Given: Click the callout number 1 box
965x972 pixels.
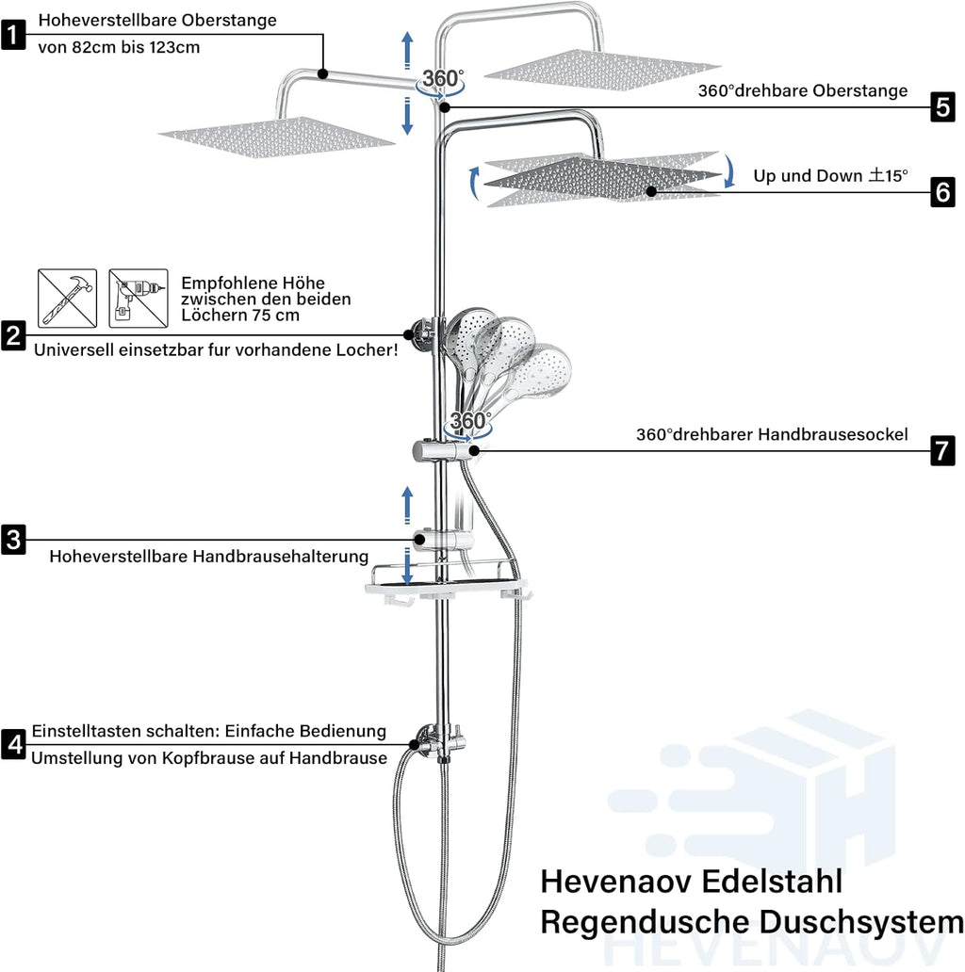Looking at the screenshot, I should [13, 36].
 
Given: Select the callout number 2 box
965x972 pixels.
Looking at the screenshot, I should [13, 335].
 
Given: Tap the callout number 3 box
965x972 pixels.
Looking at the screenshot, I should [13, 540].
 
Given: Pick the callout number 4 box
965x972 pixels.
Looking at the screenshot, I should [13, 744].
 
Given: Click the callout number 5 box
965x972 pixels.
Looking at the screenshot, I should [942, 107].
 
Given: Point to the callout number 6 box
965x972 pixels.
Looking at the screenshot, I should [942, 192].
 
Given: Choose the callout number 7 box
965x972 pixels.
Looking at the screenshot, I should [942, 451].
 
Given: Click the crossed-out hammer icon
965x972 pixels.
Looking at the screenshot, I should [67, 298].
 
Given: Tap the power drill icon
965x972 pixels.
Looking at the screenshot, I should [138, 298].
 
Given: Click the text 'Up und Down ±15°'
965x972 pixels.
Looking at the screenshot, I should [830, 175].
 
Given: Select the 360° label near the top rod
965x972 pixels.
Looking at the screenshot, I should [442, 79].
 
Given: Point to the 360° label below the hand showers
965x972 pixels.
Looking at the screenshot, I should [470, 420].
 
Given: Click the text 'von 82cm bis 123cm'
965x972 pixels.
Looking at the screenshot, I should [119, 47].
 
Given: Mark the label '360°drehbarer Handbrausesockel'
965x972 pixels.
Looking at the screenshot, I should [772, 434].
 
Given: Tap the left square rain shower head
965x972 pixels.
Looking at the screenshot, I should [276, 134].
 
